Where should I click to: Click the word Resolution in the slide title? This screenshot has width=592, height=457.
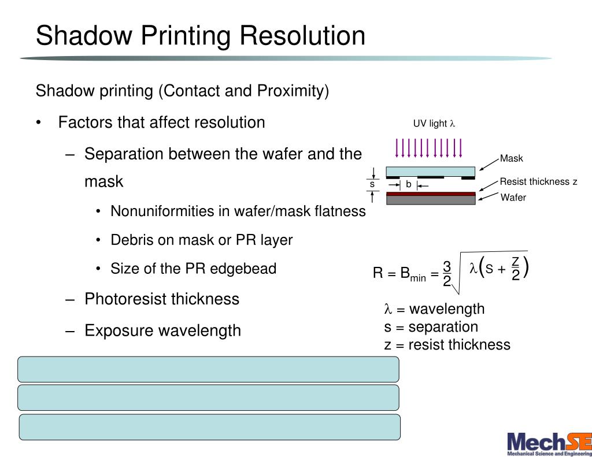tap(302, 36)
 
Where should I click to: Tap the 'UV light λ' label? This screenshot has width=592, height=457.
tap(434, 124)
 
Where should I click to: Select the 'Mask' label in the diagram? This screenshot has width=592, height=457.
tap(511, 159)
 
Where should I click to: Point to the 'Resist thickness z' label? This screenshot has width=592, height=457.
tap(538, 182)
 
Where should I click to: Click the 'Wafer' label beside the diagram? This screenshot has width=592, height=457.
tap(513, 198)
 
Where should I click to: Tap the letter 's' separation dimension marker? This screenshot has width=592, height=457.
tap(372, 184)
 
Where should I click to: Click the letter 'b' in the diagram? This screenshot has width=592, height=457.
tap(408, 185)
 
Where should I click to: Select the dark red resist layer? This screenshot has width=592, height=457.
tap(430, 194)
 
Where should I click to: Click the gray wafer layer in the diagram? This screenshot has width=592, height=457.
tap(430, 200)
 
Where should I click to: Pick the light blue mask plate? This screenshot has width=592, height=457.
tap(430, 171)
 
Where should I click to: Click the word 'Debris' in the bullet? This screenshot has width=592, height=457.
tap(132, 240)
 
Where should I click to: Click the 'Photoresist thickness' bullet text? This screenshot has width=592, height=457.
tap(161, 299)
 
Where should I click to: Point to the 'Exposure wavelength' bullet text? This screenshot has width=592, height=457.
tap(162, 330)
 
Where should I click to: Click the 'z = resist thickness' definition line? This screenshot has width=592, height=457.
tap(447, 345)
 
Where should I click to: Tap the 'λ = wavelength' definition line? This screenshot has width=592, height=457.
tap(434, 309)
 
